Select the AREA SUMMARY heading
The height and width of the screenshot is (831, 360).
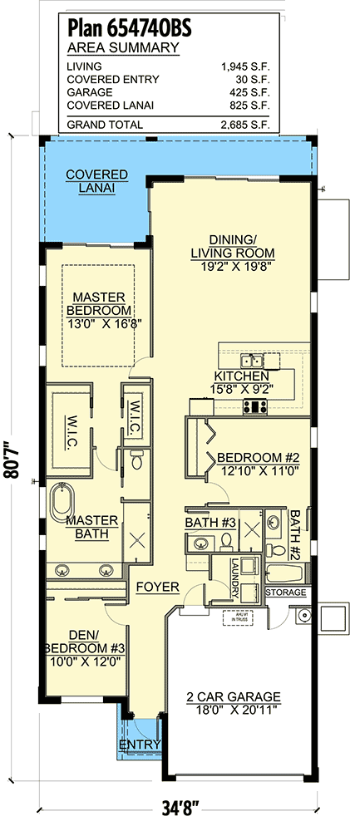122,47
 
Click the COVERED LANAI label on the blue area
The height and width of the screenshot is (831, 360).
96,181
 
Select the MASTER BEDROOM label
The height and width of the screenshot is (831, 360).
97,302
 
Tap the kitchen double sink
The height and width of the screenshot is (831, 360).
251,361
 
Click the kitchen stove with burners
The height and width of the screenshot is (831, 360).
254,406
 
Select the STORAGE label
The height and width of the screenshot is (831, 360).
287,593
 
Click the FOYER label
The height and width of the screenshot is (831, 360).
158,587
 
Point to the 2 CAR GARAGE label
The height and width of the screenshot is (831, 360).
233,696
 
